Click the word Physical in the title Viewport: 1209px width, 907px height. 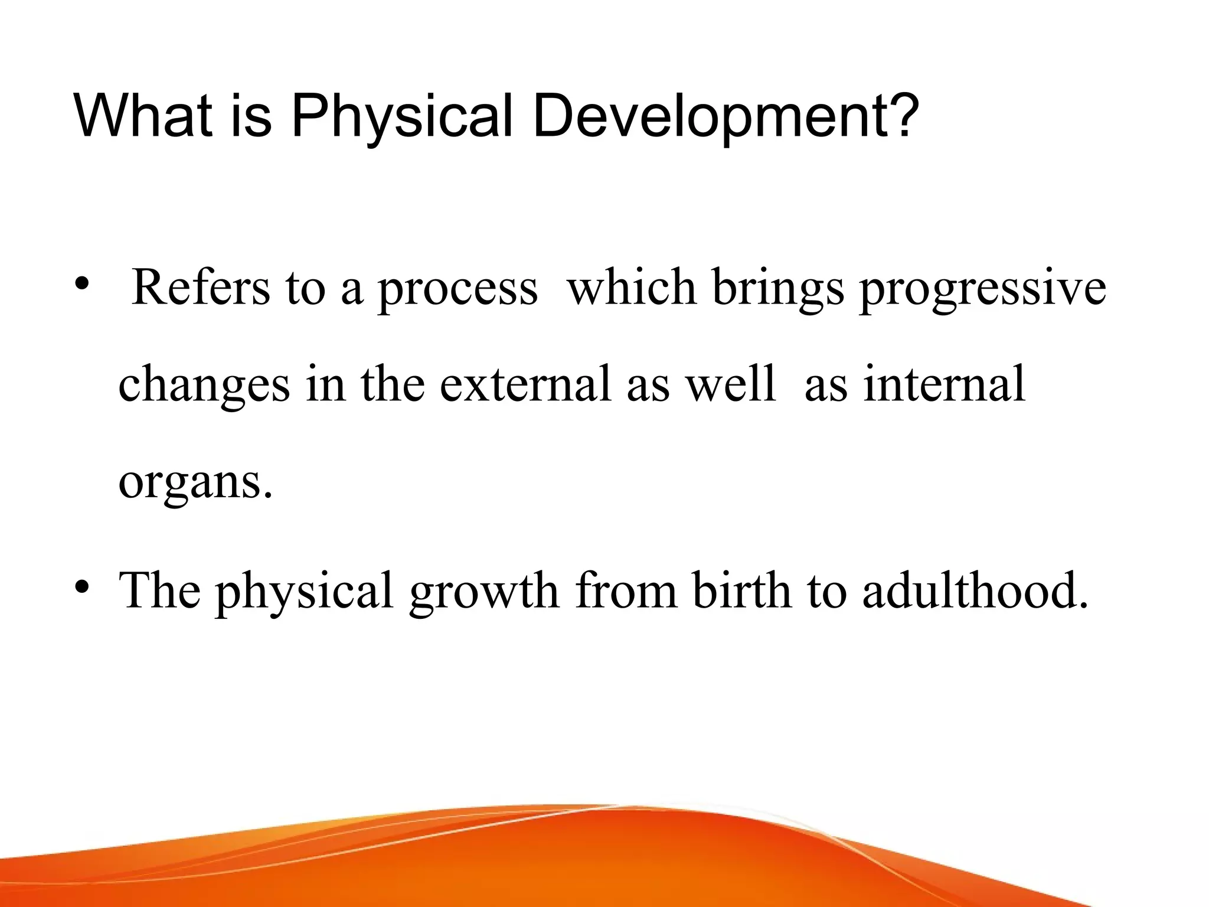point(402,116)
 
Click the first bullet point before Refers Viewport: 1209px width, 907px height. point(81,285)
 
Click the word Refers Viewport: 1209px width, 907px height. point(201,288)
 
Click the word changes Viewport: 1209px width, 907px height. point(204,386)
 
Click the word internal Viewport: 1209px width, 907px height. point(944,384)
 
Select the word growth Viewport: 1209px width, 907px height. point(483,593)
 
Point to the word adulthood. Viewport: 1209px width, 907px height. point(975,590)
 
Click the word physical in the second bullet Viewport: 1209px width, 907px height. point(305,593)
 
